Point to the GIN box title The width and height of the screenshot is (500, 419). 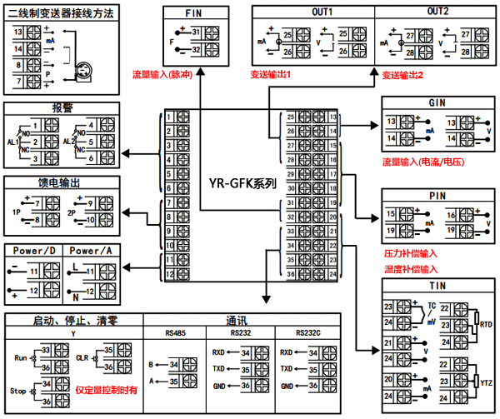(437, 102)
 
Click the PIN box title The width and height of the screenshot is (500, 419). (437, 195)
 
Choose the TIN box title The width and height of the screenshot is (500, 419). (437, 285)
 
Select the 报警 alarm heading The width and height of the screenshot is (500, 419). (62, 107)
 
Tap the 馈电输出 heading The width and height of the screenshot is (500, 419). (62, 182)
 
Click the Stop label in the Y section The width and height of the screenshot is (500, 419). (17, 389)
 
